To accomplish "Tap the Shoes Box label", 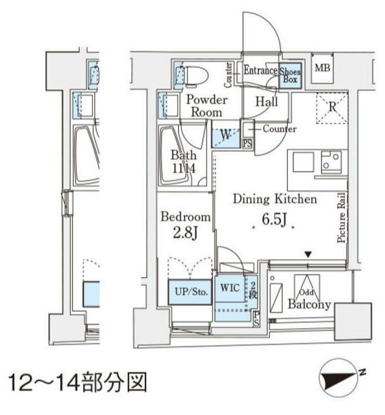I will (x=291, y=76).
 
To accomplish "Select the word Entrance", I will (x=259, y=71).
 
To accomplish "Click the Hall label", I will (x=266, y=101).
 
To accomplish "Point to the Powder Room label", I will (x=207, y=106).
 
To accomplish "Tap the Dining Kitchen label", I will (x=275, y=199).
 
